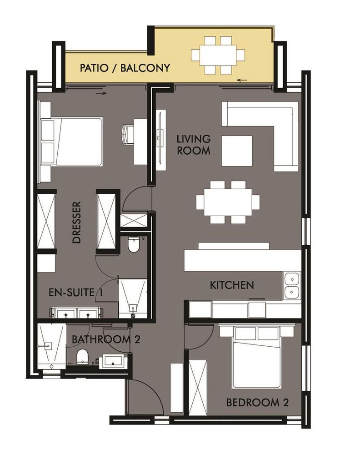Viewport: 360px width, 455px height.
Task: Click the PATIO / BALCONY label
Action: (x=125, y=68)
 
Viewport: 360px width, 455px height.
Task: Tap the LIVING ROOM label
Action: (x=194, y=145)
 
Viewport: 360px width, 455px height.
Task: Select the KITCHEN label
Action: (x=232, y=285)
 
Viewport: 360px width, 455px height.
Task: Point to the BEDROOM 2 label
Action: (x=257, y=403)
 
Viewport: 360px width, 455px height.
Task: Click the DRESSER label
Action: (x=76, y=222)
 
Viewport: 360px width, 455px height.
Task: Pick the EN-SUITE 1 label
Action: (x=75, y=293)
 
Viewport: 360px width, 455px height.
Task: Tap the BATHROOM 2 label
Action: (x=106, y=339)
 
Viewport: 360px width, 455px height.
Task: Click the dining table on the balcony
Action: (x=218, y=55)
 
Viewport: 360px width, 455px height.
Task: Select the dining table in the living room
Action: (x=228, y=202)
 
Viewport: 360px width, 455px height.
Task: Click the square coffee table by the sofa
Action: (x=237, y=151)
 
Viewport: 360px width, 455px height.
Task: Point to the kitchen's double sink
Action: (x=292, y=286)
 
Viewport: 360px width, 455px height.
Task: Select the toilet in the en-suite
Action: (x=133, y=244)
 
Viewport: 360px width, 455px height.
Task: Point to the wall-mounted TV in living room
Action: (x=160, y=141)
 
